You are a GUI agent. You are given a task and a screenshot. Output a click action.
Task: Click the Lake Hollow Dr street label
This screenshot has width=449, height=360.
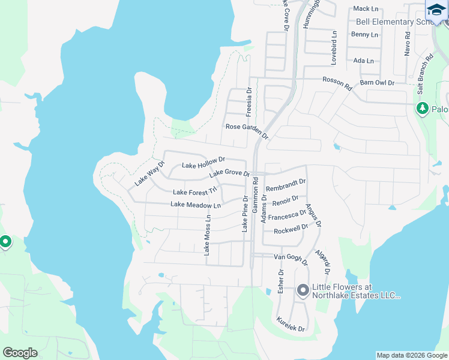pos(203,163)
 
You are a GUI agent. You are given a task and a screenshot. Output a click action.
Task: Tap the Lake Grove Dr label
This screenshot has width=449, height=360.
pos(229,174)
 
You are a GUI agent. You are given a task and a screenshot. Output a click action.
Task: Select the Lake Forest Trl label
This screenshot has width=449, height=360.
pos(194,192)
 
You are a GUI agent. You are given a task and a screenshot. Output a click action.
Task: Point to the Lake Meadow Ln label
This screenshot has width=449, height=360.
pos(196,205)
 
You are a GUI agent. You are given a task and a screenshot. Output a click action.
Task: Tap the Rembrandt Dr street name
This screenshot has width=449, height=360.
pos(286,185)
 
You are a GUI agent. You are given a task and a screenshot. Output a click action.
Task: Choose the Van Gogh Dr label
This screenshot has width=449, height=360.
pos(291,260)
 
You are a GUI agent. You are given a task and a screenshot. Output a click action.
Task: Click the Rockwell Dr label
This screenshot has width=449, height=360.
pos(291,229)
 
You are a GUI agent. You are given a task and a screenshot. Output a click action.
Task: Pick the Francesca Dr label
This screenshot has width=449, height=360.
pos(287,215)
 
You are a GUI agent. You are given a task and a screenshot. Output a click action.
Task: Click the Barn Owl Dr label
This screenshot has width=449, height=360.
pos(377,82)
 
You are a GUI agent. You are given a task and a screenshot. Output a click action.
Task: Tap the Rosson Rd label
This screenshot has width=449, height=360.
pos(337,83)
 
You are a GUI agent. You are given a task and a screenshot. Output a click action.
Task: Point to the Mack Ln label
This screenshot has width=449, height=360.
pos(366,8)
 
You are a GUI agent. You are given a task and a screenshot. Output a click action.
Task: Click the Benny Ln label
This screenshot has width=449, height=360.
pos(364,35)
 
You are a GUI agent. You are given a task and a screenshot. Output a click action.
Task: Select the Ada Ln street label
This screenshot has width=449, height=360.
pos(363,61)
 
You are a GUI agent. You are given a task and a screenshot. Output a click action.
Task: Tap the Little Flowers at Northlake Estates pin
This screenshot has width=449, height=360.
pos(303,290)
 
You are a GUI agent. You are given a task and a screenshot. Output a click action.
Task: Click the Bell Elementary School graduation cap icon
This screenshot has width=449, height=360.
pos(436,10)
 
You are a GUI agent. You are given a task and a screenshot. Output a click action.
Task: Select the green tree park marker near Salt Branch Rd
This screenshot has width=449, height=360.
pos(423,108)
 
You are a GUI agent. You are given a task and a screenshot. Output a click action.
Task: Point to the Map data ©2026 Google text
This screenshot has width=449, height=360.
pos(412,355)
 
